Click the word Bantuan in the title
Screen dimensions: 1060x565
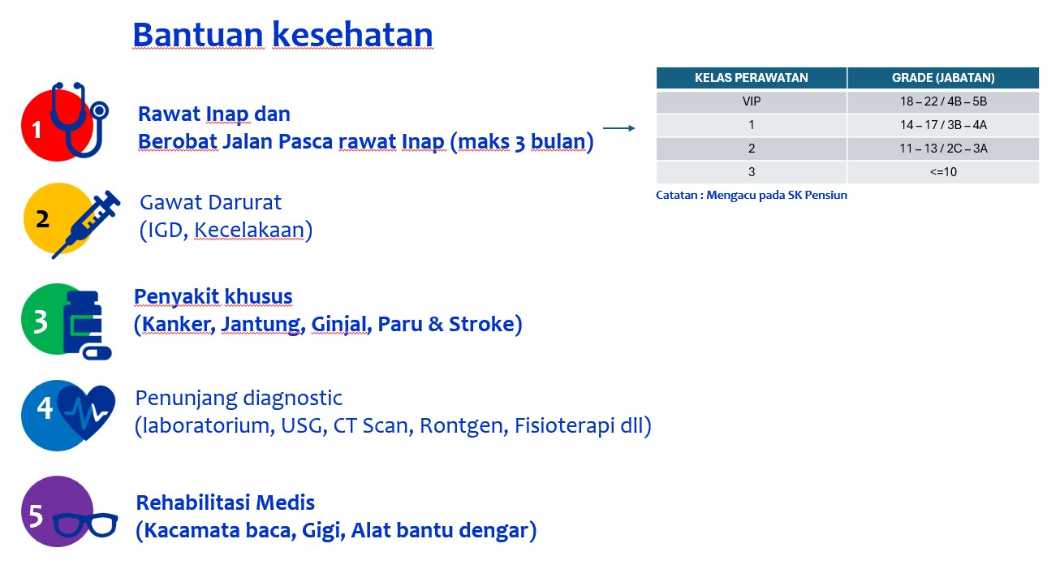(198, 35)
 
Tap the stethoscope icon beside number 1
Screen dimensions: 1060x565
(80, 119)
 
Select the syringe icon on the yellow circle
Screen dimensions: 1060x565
(86, 224)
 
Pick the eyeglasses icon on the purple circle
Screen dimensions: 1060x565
(85, 524)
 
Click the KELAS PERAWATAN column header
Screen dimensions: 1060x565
(751, 78)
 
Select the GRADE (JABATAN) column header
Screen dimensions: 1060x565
(943, 78)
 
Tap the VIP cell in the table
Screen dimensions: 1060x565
(751, 101)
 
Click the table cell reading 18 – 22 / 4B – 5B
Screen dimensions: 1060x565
(943, 101)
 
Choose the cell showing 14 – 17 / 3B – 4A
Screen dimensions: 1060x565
(943, 125)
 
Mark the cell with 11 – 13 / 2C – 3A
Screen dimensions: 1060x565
(943, 149)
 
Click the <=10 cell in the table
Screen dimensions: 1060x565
(943, 172)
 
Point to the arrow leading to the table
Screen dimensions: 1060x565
(619, 127)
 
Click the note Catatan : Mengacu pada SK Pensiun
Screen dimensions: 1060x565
(752, 195)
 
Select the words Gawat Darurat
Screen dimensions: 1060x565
(210, 202)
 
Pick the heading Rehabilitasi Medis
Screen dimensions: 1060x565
(226, 502)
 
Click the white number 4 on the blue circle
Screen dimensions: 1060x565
(45, 408)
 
